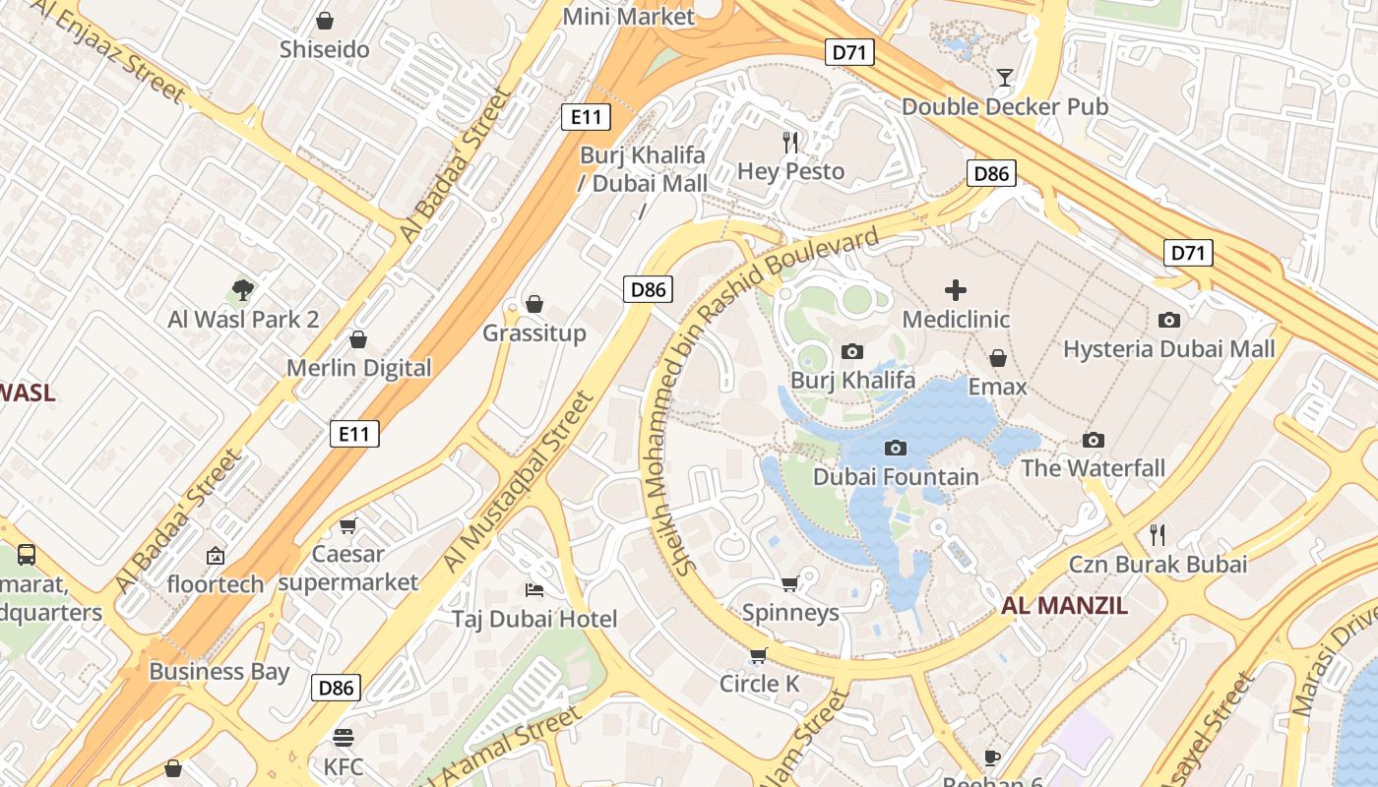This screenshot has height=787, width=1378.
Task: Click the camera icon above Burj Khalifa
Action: pyautogui.click(x=852, y=351)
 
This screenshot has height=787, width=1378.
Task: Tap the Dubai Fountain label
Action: pyautogui.click(x=896, y=477)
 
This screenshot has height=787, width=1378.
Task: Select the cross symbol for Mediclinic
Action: pyautogui.click(x=955, y=290)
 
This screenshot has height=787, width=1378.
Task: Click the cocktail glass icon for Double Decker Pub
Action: pyautogui.click(x=1004, y=77)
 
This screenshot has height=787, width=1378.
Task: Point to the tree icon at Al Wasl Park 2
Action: pyautogui.click(x=243, y=289)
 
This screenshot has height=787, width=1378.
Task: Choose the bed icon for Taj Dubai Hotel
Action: pyautogui.click(x=534, y=589)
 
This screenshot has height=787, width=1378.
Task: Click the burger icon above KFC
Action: pyautogui.click(x=344, y=737)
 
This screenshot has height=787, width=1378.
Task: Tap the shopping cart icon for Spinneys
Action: pyautogui.click(x=789, y=583)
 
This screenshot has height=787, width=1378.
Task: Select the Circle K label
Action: pyautogui.click(x=759, y=684)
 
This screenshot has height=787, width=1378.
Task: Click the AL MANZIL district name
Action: pyautogui.click(x=1065, y=606)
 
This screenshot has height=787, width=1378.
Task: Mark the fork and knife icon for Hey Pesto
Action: pyautogui.click(x=790, y=143)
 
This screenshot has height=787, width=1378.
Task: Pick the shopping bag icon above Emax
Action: pyautogui.click(x=998, y=358)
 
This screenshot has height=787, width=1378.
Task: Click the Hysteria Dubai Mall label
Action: pyautogui.click(x=1168, y=349)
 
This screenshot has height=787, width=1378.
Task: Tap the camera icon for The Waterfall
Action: pyautogui.click(x=1093, y=440)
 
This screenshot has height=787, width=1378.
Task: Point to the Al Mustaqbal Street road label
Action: pyautogui.click(x=519, y=482)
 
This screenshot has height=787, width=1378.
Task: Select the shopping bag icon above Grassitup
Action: pyautogui.click(x=534, y=304)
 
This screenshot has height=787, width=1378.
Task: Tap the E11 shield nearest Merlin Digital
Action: pyautogui.click(x=354, y=433)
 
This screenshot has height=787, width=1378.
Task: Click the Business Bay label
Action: pyautogui.click(x=219, y=672)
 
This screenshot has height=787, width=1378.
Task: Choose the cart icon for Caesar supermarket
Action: pyautogui.click(x=347, y=525)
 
